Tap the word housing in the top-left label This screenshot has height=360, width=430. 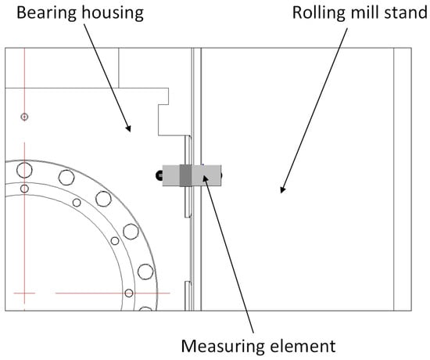click(113, 13)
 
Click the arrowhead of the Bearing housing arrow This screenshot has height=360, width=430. click(128, 128)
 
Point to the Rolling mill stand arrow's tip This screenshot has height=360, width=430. click(282, 190)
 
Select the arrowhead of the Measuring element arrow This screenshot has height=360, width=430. click(205, 178)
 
